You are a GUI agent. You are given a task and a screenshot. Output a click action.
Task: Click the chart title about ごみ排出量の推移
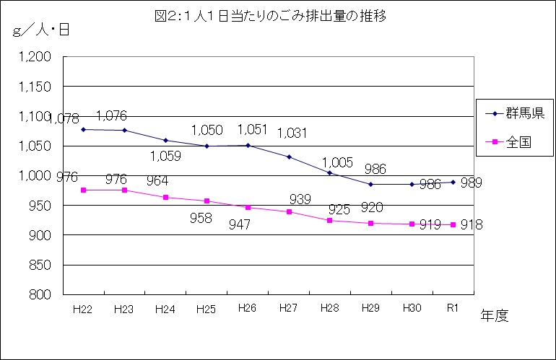278,15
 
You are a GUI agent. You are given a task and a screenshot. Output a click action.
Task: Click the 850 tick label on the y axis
40,265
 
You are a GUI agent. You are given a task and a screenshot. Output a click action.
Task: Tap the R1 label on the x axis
453,309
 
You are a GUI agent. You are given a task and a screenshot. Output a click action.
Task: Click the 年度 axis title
495,315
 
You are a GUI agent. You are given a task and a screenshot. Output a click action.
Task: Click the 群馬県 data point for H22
84,129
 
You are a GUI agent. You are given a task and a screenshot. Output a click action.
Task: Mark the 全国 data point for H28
329,220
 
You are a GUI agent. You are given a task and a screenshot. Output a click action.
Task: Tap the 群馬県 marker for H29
370,184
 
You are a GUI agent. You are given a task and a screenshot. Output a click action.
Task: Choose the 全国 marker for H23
125,190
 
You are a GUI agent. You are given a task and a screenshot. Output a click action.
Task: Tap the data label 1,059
165,155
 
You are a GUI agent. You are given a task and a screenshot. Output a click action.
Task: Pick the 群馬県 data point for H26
248,145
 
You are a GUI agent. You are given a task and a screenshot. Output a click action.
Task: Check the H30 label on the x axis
412,309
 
